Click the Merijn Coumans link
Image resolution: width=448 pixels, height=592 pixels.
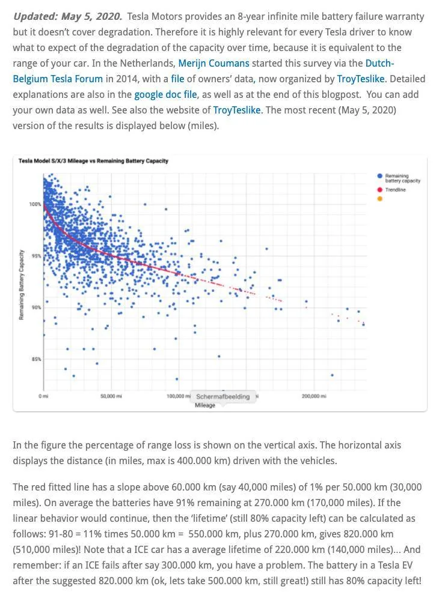tap(213, 63)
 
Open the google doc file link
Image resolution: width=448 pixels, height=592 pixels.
tap(165, 94)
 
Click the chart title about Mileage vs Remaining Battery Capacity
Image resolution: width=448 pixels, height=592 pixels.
tap(93, 161)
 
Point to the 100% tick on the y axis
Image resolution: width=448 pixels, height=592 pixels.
tap(35, 204)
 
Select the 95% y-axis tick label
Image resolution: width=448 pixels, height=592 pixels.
tap(36, 256)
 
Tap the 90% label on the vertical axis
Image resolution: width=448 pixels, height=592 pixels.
tap(36, 307)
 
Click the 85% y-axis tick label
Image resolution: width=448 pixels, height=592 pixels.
tap(36, 359)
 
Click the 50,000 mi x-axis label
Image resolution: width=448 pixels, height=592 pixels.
tap(111, 396)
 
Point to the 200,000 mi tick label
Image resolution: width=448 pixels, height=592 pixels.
tap(314, 396)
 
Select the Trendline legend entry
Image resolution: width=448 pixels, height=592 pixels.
tap(396, 190)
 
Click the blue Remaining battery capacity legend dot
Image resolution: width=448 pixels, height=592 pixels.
tap(379, 176)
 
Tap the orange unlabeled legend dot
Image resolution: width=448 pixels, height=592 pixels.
tap(379, 199)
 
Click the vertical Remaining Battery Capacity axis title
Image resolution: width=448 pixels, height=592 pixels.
tap(22, 285)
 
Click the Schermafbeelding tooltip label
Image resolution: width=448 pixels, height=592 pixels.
tap(223, 396)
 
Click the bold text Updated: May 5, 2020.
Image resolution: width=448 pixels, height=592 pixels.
tap(68, 16)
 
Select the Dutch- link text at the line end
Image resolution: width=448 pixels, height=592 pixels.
tap(380, 63)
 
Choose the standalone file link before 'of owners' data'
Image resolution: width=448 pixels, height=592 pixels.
tap(177, 79)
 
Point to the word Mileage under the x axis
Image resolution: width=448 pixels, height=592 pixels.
tap(205, 405)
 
